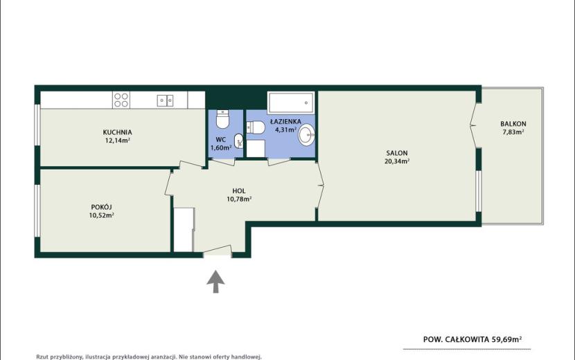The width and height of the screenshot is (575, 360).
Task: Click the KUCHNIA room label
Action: [x=117, y=132]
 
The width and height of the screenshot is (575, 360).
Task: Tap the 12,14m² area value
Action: [x=118, y=140]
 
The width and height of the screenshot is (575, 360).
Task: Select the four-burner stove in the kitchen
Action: [x=121, y=100]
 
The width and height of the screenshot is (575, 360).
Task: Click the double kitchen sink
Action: [x=166, y=100]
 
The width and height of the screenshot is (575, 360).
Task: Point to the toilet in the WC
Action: [x=222, y=119]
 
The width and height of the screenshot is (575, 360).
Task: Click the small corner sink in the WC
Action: [x=239, y=141]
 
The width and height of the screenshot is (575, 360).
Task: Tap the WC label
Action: [x=221, y=140]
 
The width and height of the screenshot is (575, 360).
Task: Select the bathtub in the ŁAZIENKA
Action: [x=291, y=102]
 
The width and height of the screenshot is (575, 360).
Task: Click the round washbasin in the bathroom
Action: [x=306, y=134]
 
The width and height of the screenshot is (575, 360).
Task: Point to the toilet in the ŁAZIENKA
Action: [x=256, y=127]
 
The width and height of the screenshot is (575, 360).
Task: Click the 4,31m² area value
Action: [x=286, y=129]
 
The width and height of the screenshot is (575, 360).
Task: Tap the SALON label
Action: [x=397, y=153]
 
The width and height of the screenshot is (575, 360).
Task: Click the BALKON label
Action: [x=513, y=124]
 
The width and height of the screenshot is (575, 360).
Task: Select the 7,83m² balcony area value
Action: [x=513, y=132]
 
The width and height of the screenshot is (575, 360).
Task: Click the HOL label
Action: [x=239, y=191]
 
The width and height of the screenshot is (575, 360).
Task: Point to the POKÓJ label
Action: [x=101, y=207]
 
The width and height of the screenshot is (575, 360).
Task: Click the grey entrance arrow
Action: [x=215, y=282]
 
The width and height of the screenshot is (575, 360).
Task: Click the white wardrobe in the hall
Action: [x=184, y=229]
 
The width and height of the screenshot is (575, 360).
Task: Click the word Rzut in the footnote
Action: [x=42, y=357]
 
